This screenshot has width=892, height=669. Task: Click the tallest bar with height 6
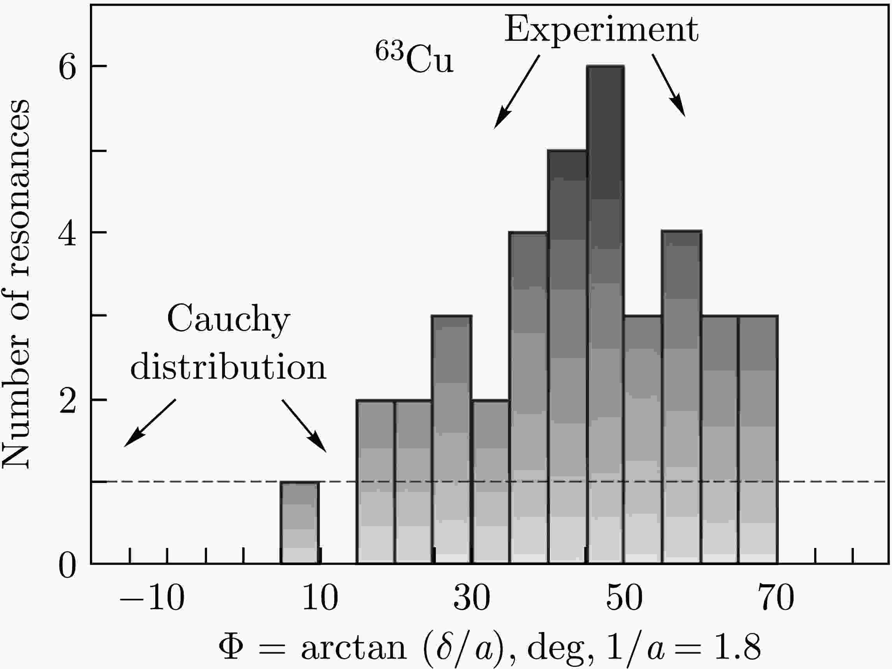605,314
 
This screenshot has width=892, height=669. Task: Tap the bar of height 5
567,357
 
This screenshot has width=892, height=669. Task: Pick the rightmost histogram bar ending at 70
758,439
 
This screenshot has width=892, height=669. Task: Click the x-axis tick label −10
152,599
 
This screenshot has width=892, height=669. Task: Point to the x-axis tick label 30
471,599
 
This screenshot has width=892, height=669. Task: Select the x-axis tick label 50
624,599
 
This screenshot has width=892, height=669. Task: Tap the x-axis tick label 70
776,599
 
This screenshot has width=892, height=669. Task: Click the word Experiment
601,30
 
